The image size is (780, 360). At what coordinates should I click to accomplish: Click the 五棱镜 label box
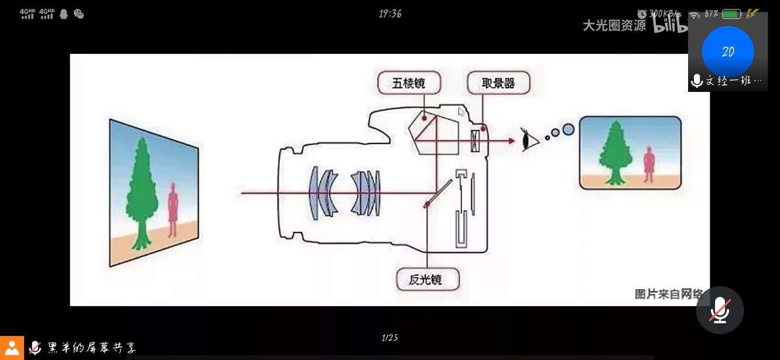pyautogui.click(x=408, y=83)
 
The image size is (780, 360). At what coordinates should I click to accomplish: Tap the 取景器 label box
pyautogui.click(x=498, y=83)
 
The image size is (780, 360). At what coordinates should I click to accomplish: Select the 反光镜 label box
pyautogui.click(x=427, y=279)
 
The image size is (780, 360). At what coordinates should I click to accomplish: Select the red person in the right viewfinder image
pyautogui.click(x=648, y=164)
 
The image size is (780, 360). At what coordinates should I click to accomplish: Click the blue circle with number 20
pyautogui.click(x=728, y=52)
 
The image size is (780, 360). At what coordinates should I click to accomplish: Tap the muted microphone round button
pyautogui.click(x=720, y=310)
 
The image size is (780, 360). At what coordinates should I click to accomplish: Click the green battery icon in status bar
pyautogui.click(x=731, y=14)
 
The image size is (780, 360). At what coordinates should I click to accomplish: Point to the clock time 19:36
pyautogui.click(x=390, y=13)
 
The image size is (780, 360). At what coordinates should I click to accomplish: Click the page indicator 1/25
pyautogui.click(x=390, y=338)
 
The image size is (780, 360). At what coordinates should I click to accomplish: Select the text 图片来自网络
pyautogui.click(x=669, y=294)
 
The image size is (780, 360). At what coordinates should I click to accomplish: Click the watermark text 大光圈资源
pyautogui.click(x=614, y=25)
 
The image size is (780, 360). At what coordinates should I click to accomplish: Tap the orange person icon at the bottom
pyautogui.click(x=12, y=348)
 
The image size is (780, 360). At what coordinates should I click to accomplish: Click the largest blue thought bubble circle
pyautogui.click(x=567, y=129)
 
